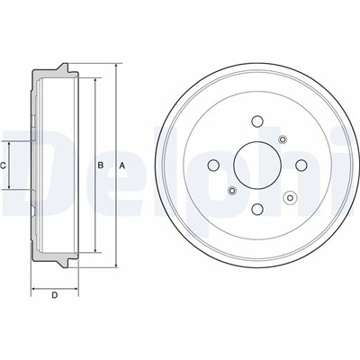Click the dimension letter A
pyautogui.click(x=122, y=166)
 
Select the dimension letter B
pyautogui.click(x=101, y=165)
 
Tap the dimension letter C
pyautogui.click(x=3, y=166)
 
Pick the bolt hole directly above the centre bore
pyautogui.click(x=257, y=121)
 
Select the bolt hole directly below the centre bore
pyautogui.click(x=257, y=209)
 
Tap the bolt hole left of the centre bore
pyautogui.click(x=213, y=165)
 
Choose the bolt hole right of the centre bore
pyautogui.click(x=301, y=165)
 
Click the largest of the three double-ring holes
pyautogui.click(x=290, y=197)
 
